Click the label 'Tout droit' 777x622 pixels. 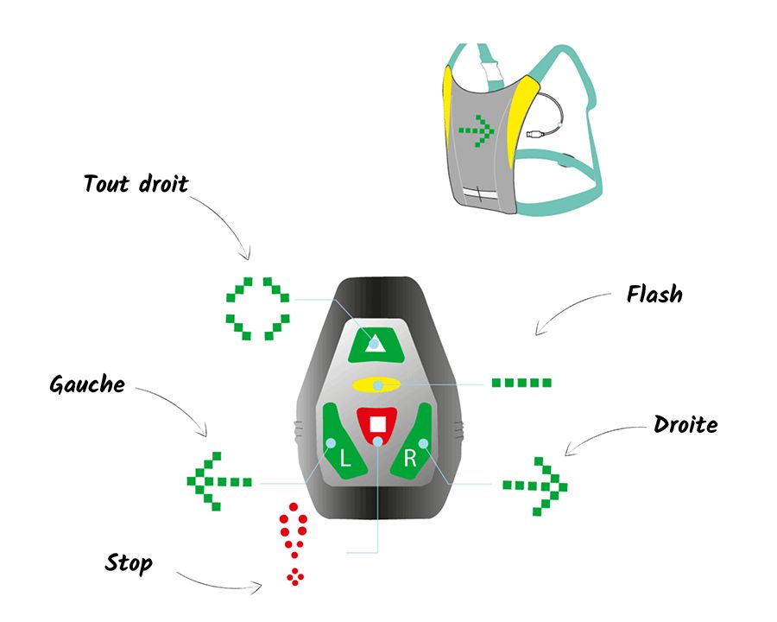(136, 183)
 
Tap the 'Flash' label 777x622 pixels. (654, 295)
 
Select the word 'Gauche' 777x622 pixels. (87, 384)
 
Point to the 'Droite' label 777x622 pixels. (685, 425)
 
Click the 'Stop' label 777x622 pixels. (129, 564)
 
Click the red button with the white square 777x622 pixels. (377, 424)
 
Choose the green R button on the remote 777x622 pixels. (415, 441)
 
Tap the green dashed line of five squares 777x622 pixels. (521, 382)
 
